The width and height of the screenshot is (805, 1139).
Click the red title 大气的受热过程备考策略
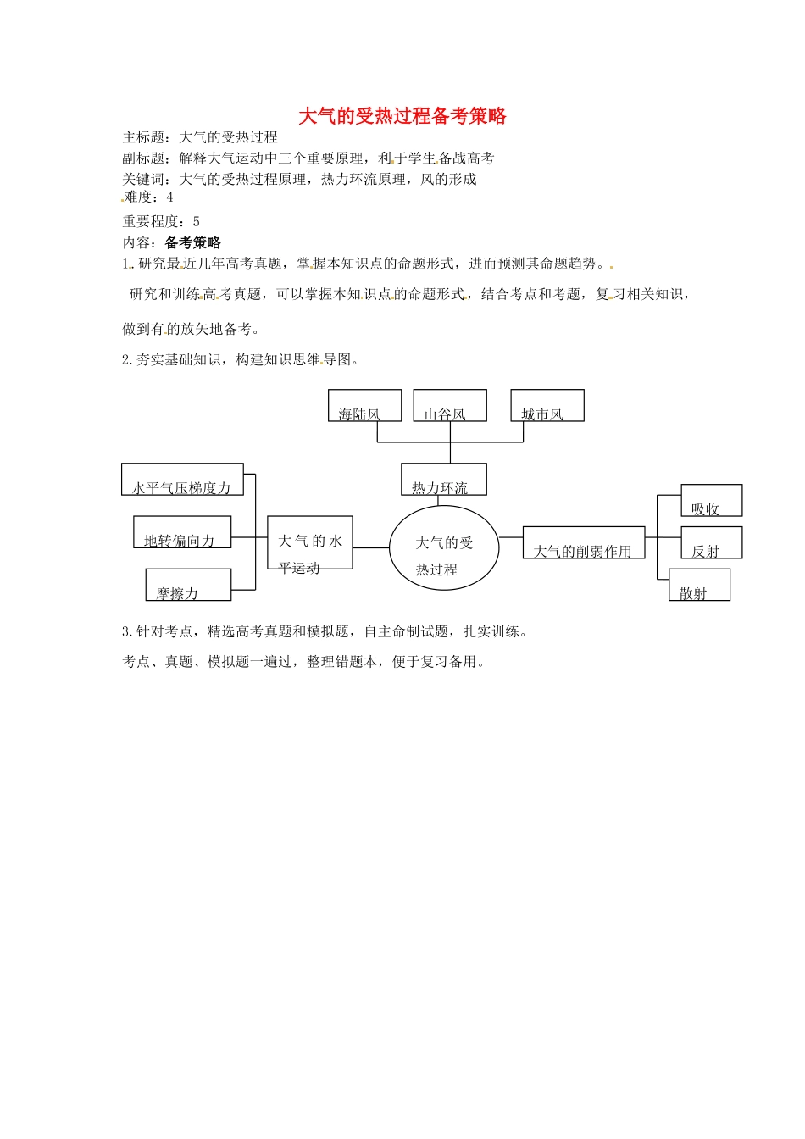402,116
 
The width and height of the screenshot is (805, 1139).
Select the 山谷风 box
449,406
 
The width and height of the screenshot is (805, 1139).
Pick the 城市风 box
547,406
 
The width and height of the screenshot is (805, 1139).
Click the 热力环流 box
443,480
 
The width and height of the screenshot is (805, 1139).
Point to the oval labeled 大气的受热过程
444,548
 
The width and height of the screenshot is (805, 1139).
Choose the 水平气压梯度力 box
182,480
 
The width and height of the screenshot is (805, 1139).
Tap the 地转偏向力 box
181,532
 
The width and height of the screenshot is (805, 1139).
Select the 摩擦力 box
188,585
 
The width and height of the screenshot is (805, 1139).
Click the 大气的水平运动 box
309,542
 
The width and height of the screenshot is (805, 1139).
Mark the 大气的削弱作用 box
583,543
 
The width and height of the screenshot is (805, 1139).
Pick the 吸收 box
711,501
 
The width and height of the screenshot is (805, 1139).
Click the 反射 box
711,542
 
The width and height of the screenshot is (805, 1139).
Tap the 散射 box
699,586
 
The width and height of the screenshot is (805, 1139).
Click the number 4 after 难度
169,197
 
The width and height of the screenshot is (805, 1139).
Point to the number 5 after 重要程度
197,222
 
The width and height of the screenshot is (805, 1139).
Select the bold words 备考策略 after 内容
193,243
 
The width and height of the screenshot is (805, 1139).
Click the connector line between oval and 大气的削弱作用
511,537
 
